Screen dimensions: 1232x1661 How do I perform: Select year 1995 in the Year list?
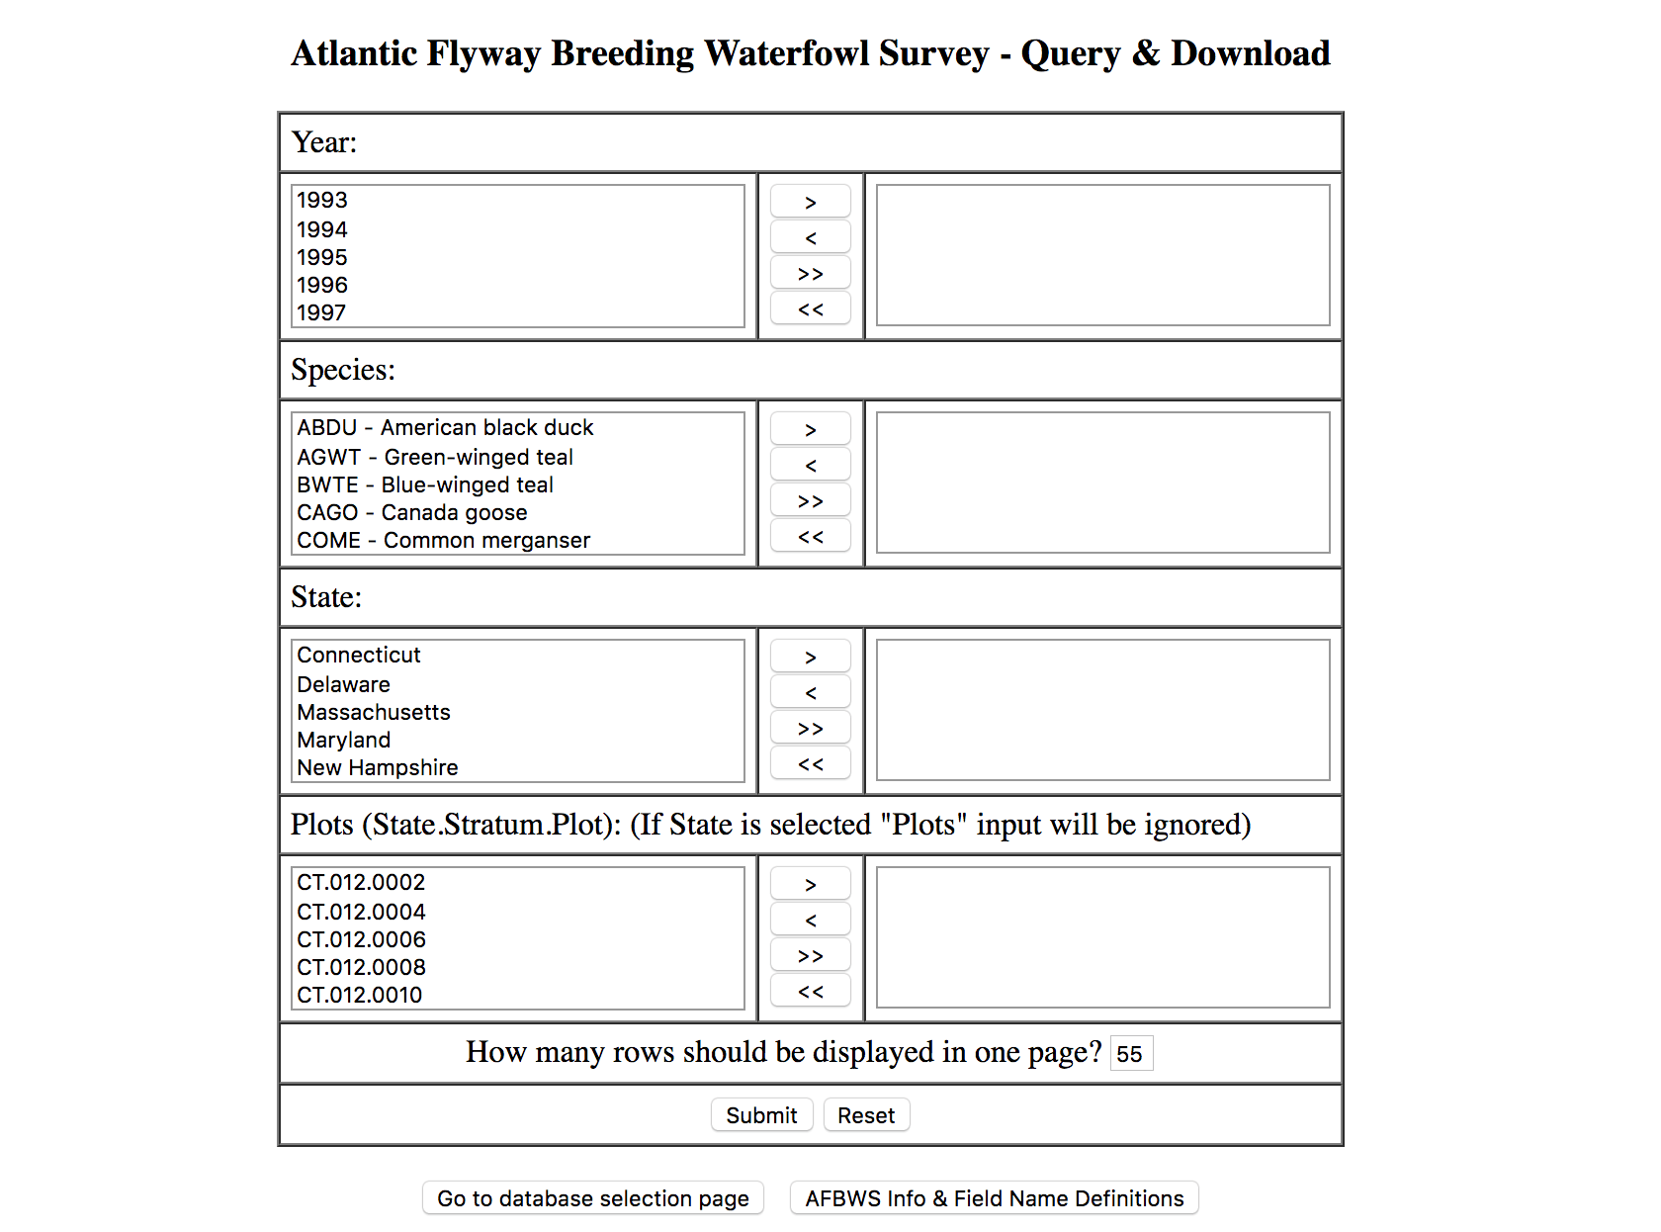point(322,257)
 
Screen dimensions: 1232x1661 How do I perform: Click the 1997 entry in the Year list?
point(322,312)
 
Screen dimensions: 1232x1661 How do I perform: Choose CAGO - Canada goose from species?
point(412,512)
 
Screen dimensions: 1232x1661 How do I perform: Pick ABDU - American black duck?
point(445,427)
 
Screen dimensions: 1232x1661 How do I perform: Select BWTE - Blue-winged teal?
point(425,484)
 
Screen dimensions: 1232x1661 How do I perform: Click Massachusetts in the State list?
point(374,712)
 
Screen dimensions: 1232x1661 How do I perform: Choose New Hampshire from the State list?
point(378,767)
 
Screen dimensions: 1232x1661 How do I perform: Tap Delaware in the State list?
point(344,684)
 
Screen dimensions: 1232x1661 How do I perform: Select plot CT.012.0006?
point(362,939)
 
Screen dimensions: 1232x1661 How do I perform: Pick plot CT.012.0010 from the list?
point(360,995)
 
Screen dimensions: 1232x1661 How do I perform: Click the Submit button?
point(761,1115)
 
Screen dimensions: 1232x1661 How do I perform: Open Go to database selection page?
point(593,1198)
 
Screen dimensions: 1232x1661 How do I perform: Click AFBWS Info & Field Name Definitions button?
point(994,1198)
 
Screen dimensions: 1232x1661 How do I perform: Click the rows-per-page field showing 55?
point(1131,1054)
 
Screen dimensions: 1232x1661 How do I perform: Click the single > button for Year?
point(811,202)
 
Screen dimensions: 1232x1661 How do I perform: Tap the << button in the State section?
point(811,764)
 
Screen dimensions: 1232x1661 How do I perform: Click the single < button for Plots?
point(811,921)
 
